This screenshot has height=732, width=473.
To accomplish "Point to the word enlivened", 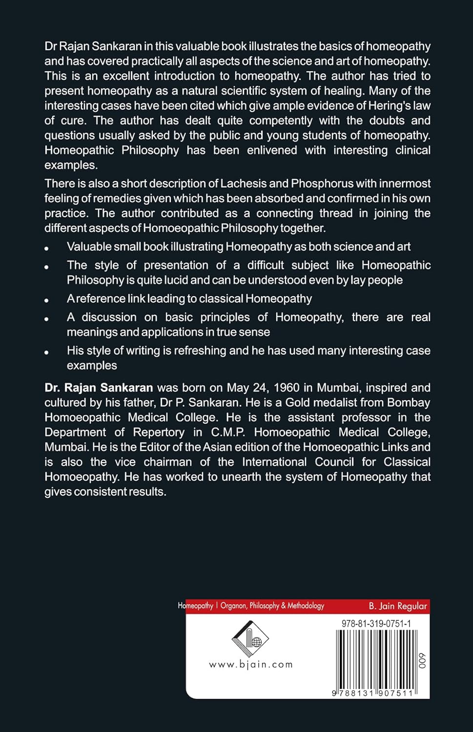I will point(272,150).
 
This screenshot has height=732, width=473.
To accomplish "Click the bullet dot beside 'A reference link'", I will point(46,300).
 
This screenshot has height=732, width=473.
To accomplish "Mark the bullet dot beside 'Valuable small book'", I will point(46,248).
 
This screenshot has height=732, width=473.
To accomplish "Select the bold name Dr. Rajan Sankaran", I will point(99,388).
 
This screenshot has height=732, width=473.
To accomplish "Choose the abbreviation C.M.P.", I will point(228,432).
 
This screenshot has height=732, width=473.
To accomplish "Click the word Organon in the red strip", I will point(233,606).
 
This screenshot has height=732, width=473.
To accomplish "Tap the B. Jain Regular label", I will point(397,606).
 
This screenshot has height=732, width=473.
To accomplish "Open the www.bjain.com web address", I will point(250,664).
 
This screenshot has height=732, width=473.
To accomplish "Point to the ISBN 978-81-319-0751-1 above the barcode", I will point(376,624).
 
